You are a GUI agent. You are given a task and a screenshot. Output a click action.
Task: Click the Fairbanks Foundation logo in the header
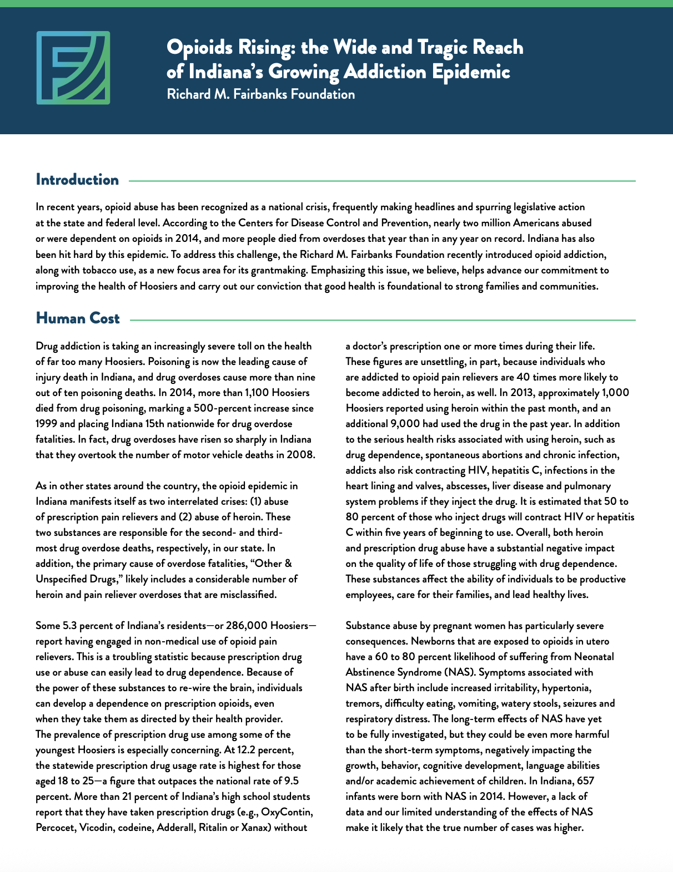(x=73, y=68)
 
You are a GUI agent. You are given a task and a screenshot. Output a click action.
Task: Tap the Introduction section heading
(x=77, y=180)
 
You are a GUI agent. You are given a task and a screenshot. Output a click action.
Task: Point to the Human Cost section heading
(x=77, y=318)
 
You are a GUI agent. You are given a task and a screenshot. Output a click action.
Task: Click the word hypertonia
(x=566, y=688)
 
